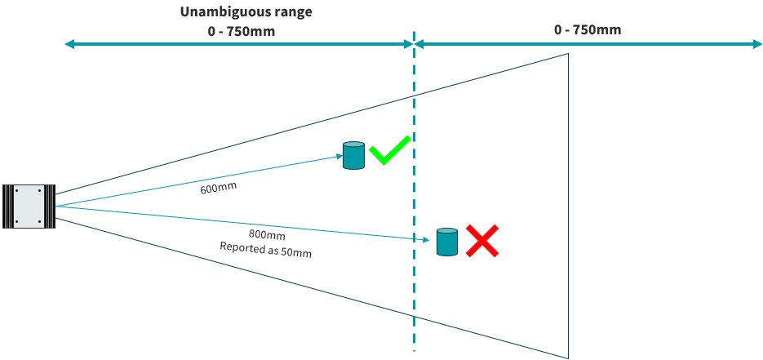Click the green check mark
(x=389, y=150)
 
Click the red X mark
(x=482, y=240)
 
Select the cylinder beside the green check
(x=354, y=155)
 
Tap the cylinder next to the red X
(x=447, y=242)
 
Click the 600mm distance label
(x=218, y=187)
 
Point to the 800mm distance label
(x=267, y=234)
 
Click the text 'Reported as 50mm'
(x=266, y=249)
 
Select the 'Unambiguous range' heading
(x=246, y=12)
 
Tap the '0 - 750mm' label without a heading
(x=588, y=29)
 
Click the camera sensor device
(x=29, y=207)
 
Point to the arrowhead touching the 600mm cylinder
(x=339, y=156)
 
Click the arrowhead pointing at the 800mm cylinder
(x=426, y=240)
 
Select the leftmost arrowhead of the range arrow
(x=69, y=45)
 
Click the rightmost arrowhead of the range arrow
(x=757, y=44)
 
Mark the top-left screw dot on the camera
(x=16, y=191)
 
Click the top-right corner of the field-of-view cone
(x=568, y=53)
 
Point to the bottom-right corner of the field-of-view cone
(x=568, y=358)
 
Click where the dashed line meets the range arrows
(x=414, y=45)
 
